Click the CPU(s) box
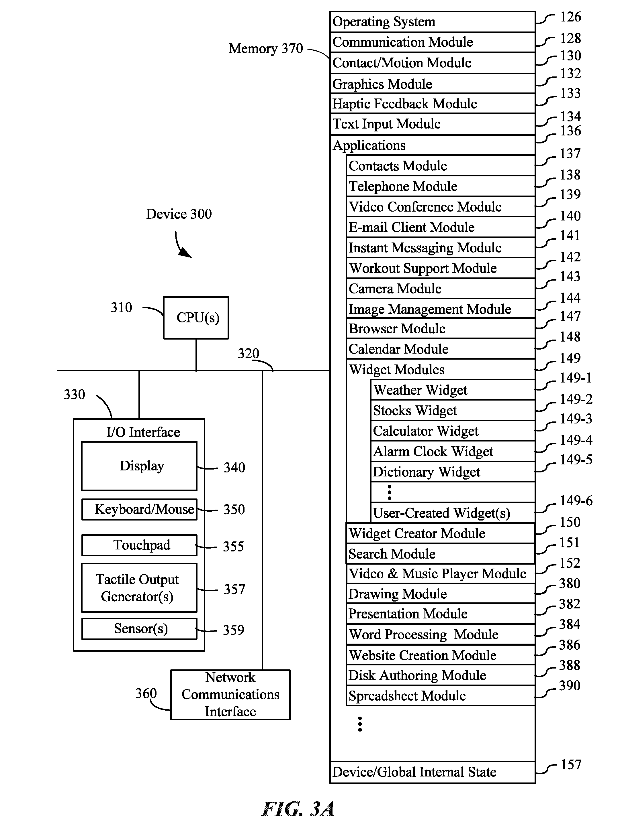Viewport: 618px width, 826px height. (x=196, y=318)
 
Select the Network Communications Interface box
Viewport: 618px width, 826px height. (x=230, y=695)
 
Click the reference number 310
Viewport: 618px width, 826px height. (x=122, y=307)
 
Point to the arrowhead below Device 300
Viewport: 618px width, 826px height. (x=185, y=253)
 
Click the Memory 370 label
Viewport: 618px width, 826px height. (x=266, y=49)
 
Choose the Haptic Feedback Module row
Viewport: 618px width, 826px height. (x=433, y=103)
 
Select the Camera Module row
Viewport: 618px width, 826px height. (x=441, y=288)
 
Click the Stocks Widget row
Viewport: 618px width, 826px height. (x=453, y=410)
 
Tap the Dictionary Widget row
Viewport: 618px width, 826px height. (x=453, y=472)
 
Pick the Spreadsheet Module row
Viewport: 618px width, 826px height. (x=441, y=695)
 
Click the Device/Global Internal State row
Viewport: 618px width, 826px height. (x=433, y=772)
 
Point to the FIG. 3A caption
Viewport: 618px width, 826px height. (x=298, y=809)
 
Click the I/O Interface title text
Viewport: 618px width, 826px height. (x=143, y=432)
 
